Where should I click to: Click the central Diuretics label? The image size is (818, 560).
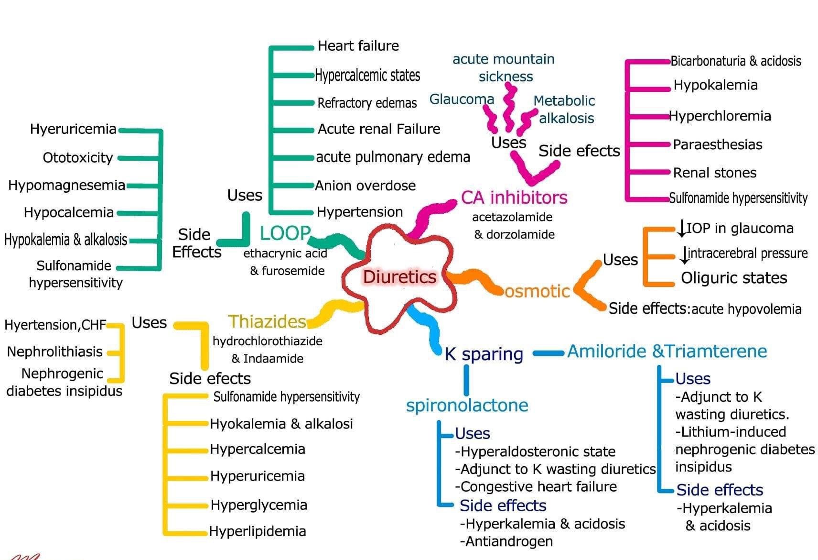[x=399, y=277]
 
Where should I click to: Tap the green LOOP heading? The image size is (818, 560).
[x=285, y=233]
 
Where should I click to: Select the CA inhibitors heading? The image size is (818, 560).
[x=514, y=197]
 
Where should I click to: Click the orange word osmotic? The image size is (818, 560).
[x=537, y=291]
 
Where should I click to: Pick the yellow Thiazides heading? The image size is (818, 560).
[x=267, y=321]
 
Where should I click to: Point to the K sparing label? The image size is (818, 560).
[x=484, y=354]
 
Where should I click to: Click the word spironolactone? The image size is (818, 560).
[x=467, y=405]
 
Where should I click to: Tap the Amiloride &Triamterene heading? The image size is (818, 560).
[x=667, y=351]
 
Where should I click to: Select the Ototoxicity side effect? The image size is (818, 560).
[x=78, y=157]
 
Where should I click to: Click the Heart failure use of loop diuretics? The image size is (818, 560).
[x=358, y=46]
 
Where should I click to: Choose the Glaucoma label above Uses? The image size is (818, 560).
[x=462, y=99]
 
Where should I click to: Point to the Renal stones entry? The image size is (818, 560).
[x=715, y=173]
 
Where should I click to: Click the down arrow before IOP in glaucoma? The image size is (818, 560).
[x=681, y=228]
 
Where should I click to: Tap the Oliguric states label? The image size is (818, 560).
[x=734, y=278]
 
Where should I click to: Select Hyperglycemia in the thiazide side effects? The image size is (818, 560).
[x=259, y=505]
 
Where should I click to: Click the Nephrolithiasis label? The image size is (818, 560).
[x=55, y=352]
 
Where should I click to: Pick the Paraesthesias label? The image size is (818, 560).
[x=717, y=144]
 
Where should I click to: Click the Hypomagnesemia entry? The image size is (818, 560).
[x=67, y=185]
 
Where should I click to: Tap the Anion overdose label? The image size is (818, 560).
[x=366, y=186]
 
